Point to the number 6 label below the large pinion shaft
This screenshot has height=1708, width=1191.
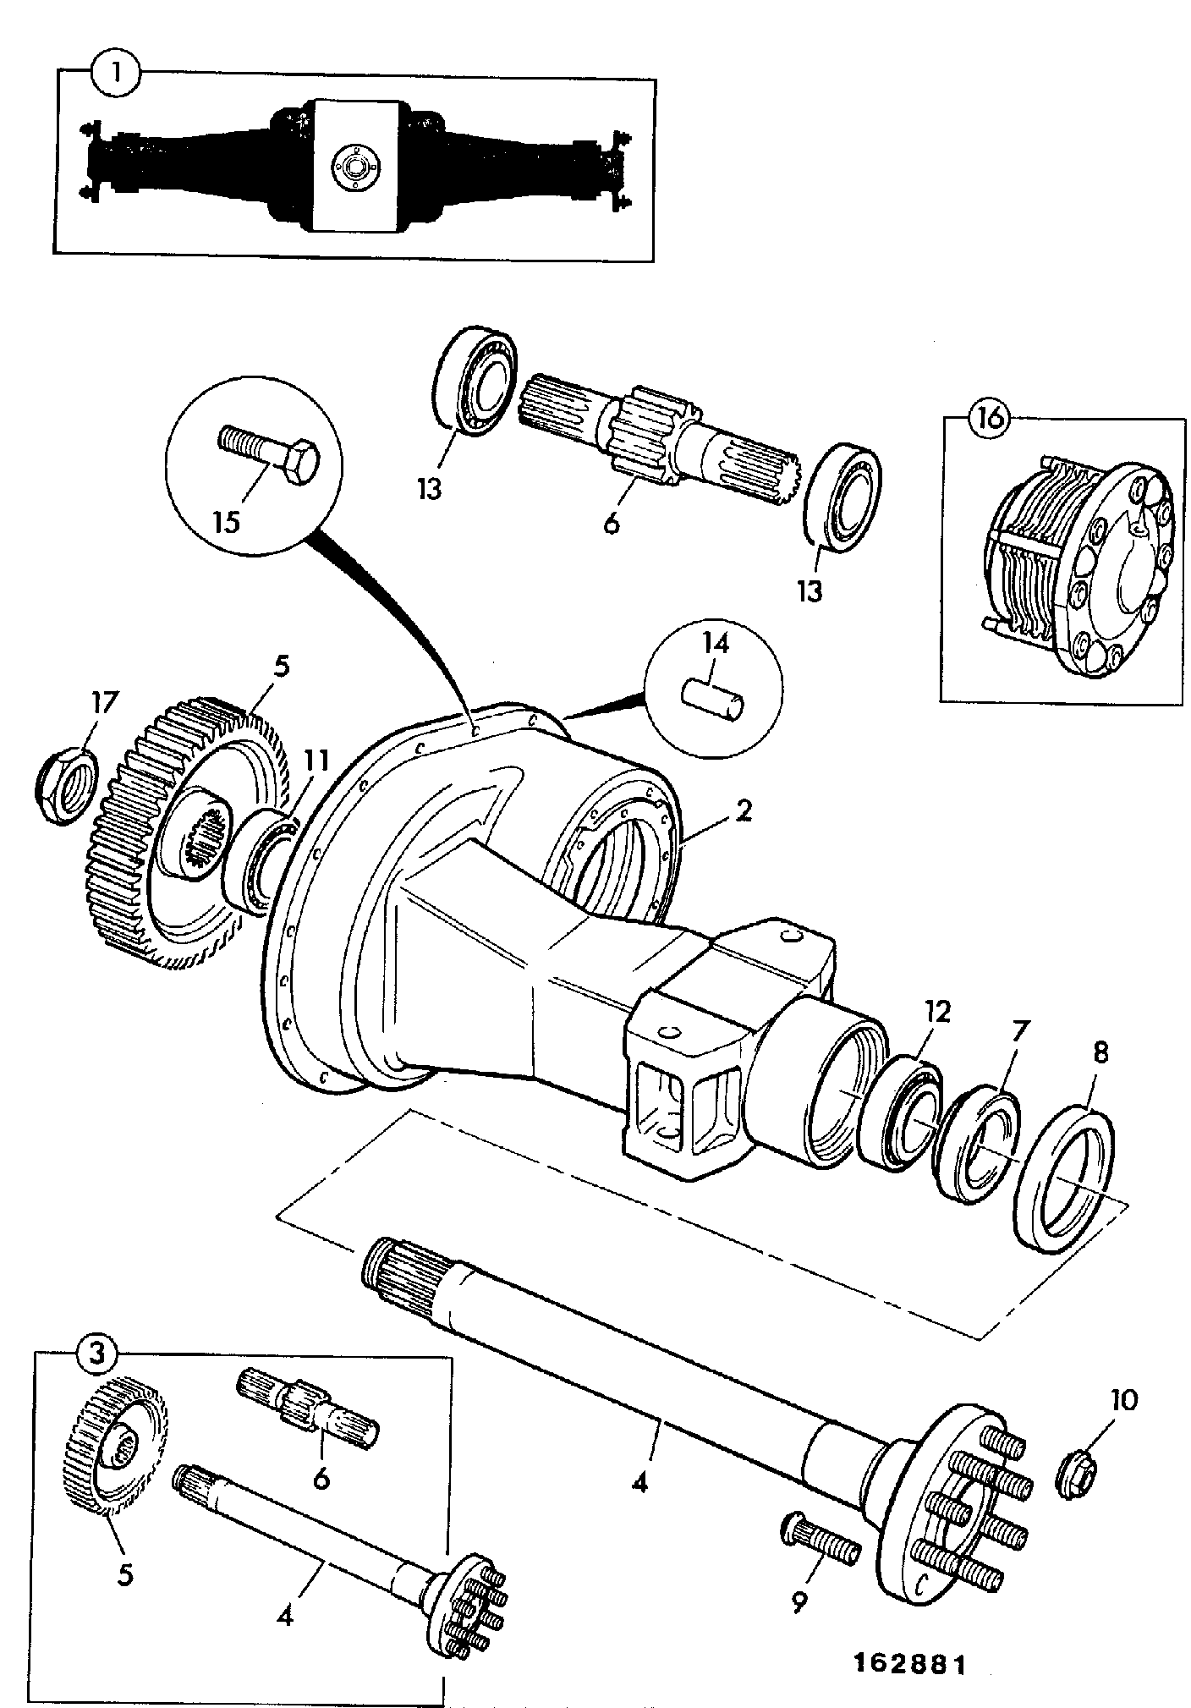(x=611, y=522)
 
